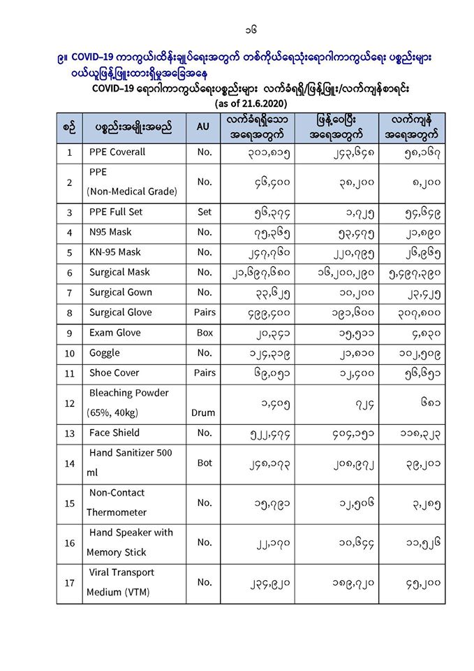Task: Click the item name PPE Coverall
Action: (x=117, y=152)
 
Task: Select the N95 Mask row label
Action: (x=110, y=232)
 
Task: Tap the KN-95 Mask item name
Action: (x=114, y=252)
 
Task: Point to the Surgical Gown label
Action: (x=120, y=292)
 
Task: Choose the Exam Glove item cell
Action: (x=114, y=333)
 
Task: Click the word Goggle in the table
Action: (x=104, y=353)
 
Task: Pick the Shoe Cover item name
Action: (x=114, y=373)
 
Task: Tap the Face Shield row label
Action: (x=114, y=433)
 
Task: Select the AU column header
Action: (x=202, y=127)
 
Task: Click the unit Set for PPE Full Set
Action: (x=204, y=212)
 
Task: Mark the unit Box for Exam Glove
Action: (x=204, y=333)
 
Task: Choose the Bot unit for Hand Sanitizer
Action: (x=204, y=462)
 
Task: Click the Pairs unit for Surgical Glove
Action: (x=204, y=312)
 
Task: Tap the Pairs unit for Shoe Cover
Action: (x=204, y=373)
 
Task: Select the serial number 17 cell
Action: (x=68, y=582)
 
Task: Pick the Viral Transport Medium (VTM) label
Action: (x=121, y=582)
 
